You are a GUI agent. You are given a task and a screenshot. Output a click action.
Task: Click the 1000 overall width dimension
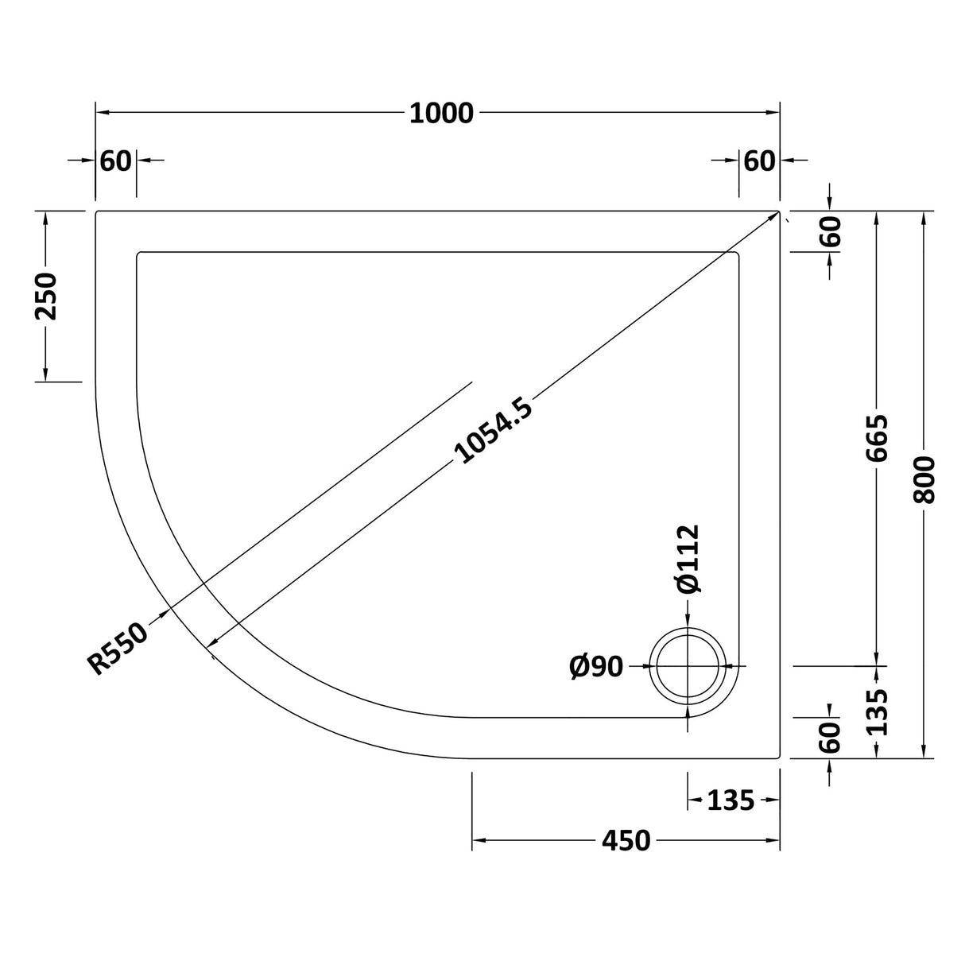pyautogui.click(x=441, y=114)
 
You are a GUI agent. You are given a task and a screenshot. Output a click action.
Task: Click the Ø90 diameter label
pyautogui.click(x=596, y=666)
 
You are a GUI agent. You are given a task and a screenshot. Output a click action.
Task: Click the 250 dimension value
pyautogui.click(x=46, y=296)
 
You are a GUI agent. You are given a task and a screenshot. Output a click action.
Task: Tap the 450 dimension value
pyautogui.click(x=626, y=840)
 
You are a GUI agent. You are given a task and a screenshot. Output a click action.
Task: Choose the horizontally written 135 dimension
pyautogui.click(x=731, y=800)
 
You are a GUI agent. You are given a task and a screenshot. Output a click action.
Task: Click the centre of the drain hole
pyautogui.click(x=688, y=665)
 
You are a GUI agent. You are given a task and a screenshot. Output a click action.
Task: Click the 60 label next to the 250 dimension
pyautogui.click(x=116, y=161)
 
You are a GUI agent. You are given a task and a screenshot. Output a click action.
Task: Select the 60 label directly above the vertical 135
pyautogui.click(x=829, y=738)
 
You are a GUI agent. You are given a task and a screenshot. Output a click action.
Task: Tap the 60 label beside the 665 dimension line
pyautogui.click(x=829, y=232)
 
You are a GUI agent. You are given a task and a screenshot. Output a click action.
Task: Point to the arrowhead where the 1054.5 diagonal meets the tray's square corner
pyautogui.click(x=772, y=217)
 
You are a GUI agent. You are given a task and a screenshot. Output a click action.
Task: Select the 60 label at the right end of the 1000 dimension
pyautogui.click(x=759, y=161)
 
